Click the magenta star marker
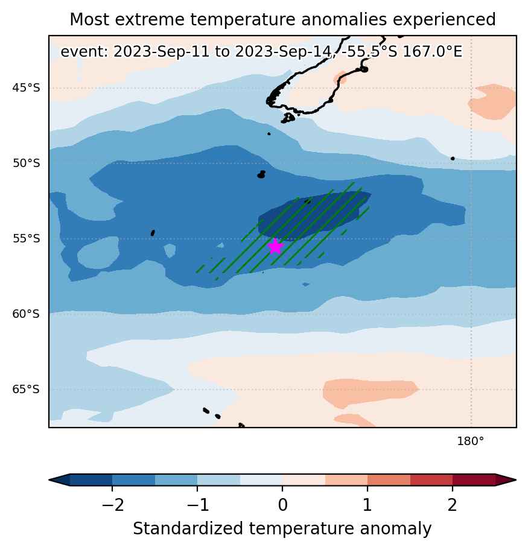(276, 246)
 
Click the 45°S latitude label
(26, 87)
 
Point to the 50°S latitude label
(26, 163)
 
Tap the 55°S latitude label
(26, 239)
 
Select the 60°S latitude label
(26, 314)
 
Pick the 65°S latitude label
(26, 390)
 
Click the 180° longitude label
(471, 441)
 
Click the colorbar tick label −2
(112, 505)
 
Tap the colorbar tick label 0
(282, 505)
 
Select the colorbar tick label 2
(452, 505)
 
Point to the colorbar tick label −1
(198, 505)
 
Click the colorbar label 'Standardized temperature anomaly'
(282, 529)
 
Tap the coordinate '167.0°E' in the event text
(432, 52)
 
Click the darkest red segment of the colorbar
(474, 479)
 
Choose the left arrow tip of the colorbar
(49, 479)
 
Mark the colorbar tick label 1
(367, 505)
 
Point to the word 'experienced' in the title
(444, 20)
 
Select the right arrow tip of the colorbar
(516, 479)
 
